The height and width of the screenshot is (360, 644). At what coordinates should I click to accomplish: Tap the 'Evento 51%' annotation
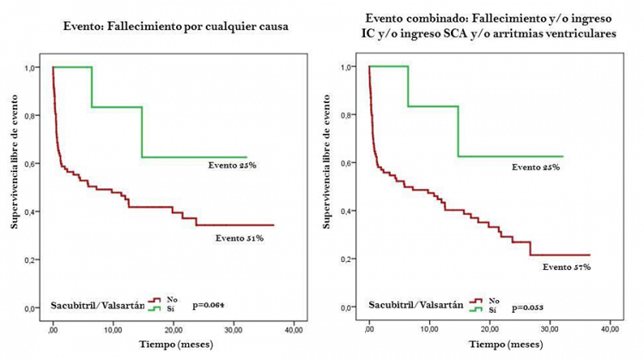click(x=240, y=237)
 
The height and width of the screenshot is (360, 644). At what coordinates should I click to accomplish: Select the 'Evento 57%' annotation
click(x=568, y=267)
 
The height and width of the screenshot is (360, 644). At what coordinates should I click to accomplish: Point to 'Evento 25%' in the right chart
click(x=536, y=166)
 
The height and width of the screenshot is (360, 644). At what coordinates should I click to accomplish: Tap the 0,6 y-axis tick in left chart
click(x=33, y=163)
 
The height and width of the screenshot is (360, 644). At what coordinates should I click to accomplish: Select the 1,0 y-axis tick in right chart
click(x=349, y=66)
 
